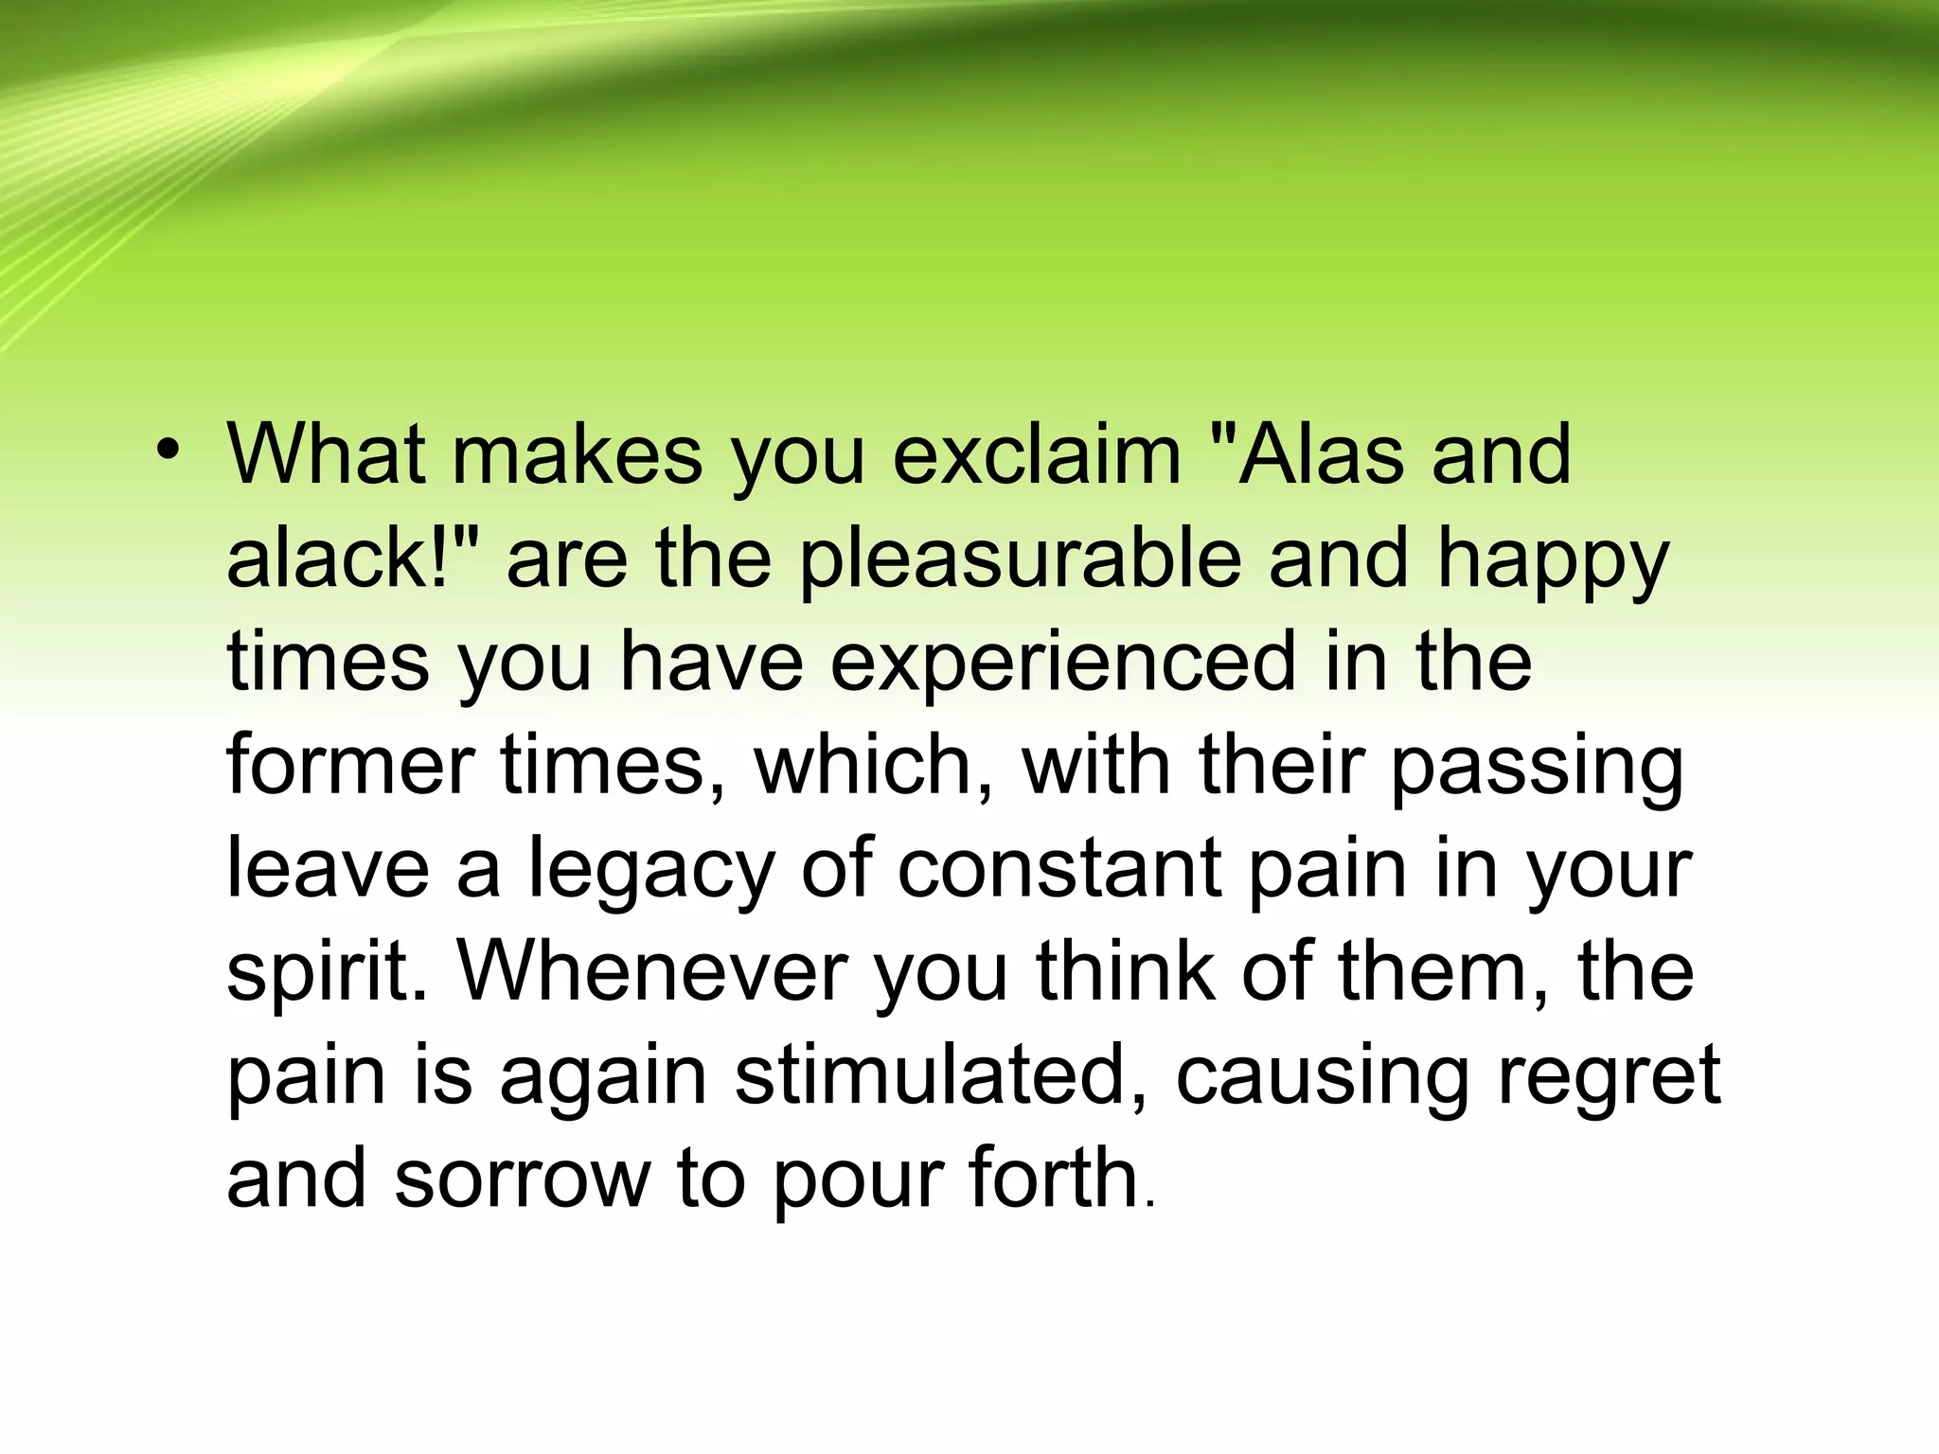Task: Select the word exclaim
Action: [x=1037, y=455]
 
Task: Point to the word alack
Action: [x=336, y=559]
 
